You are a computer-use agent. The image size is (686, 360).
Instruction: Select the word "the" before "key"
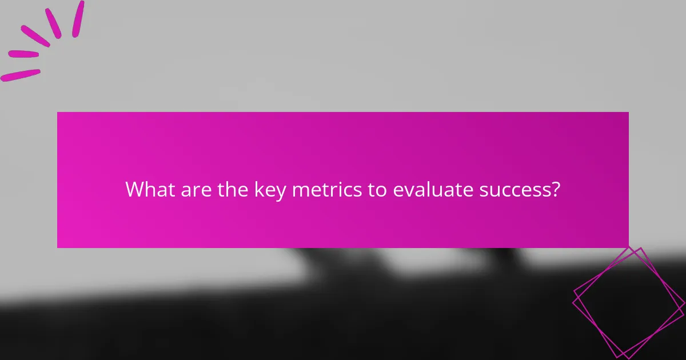tap(233, 189)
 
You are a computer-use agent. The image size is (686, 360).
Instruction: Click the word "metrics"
tap(326, 189)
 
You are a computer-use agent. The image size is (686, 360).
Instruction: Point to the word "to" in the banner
tap(377, 189)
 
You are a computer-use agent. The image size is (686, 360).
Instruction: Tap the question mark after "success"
tap(555, 189)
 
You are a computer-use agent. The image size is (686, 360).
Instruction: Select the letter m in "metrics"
tap(300, 190)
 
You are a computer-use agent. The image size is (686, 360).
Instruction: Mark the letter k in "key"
tap(258, 189)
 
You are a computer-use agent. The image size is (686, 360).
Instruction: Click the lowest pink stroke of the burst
tap(21, 75)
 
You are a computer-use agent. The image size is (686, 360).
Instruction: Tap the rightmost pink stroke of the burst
tap(78, 18)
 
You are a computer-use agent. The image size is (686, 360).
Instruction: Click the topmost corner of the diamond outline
tap(640, 248)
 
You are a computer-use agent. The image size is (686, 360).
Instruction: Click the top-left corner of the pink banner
tap(58, 113)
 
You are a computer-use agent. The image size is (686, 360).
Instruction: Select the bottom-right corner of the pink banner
tap(628, 247)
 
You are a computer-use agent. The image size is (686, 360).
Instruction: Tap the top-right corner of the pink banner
tap(628, 113)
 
